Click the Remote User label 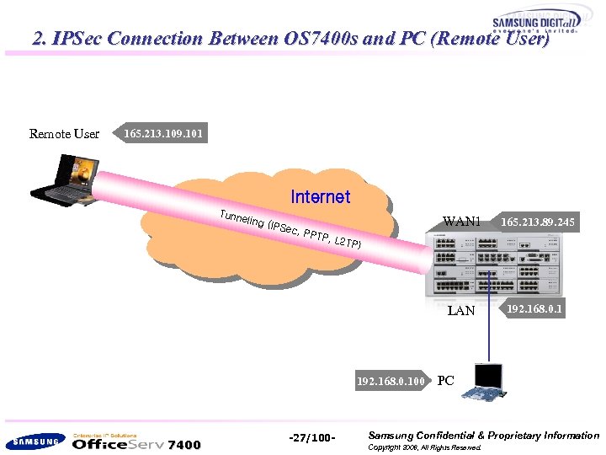coord(64,134)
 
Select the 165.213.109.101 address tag coord(162,134)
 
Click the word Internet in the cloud coord(320,197)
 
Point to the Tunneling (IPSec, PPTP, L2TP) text coord(291,229)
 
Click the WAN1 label coord(461,222)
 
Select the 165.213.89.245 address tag coord(537,222)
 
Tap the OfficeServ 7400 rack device coord(495,265)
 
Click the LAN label coord(461,311)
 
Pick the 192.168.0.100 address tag coord(390,381)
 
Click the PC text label coord(446,381)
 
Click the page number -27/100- coord(312,437)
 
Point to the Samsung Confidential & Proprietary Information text coord(483,436)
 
